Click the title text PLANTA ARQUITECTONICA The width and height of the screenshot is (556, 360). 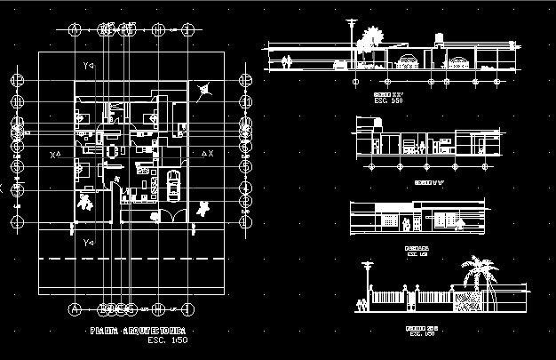coord(142,331)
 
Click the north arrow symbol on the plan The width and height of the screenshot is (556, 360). coord(206,89)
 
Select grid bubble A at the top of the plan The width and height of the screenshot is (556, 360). coord(75,29)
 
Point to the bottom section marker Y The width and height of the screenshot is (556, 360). coord(87,241)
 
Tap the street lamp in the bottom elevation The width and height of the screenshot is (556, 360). coord(364,284)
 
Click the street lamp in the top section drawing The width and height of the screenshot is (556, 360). coord(353,40)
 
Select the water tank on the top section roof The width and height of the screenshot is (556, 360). coord(438,41)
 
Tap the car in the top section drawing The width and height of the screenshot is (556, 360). coord(339,64)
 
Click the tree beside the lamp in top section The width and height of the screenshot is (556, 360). coord(369,39)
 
